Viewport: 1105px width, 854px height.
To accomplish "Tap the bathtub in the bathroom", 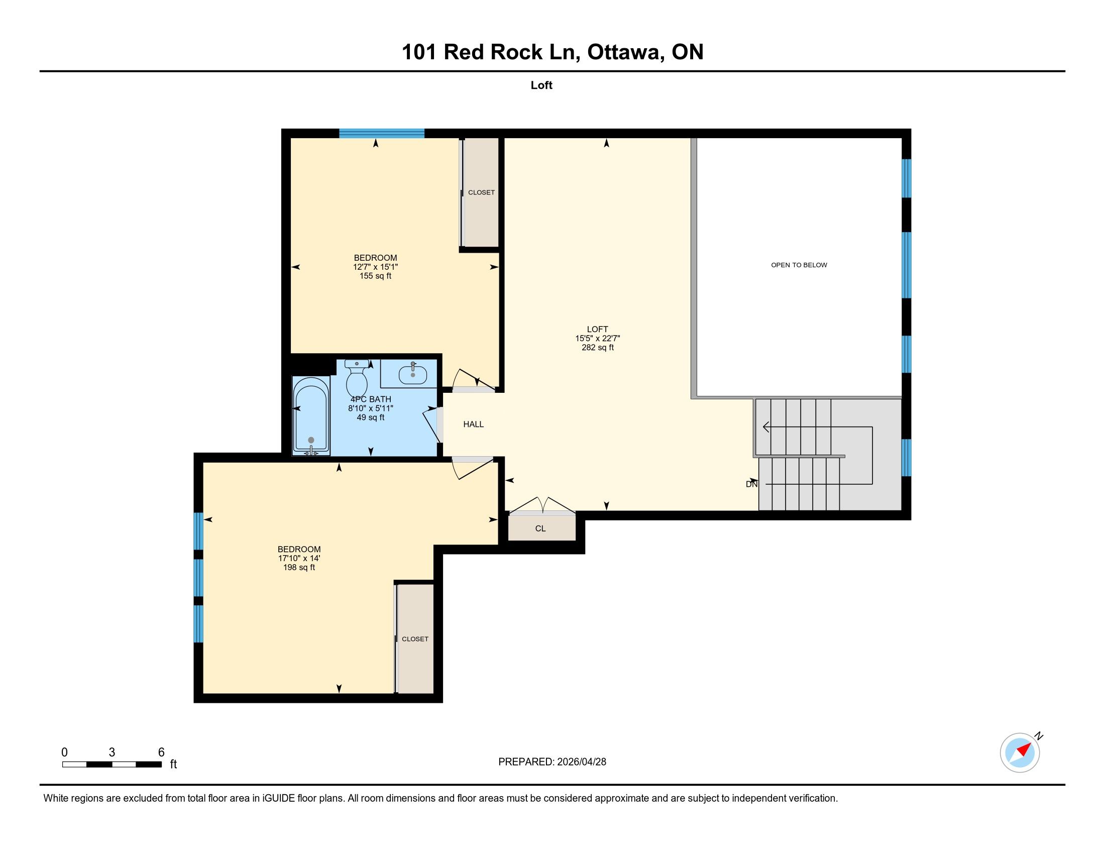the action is [x=311, y=416].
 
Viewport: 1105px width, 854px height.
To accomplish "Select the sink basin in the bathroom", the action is [x=413, y=375].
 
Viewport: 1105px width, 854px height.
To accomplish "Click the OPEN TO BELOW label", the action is [x=799, y=265].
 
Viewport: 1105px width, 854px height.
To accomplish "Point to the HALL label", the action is [x=474, y=424].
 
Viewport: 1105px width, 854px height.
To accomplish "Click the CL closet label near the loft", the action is [x=540, y=528].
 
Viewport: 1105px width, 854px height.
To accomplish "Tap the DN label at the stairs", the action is [x=752, y=484].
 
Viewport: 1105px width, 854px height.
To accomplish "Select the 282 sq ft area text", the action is [x=598, y=348].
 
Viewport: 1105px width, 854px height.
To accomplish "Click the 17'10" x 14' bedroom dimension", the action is [x=299, y=559].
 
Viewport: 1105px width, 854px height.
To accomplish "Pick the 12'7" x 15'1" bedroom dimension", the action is [x=375, y=267].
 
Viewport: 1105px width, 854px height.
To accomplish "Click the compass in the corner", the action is [x=1020, y=753].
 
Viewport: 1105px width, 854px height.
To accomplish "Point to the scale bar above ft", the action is [x=112, y=765].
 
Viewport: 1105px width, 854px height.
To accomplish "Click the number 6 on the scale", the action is [x=161, y=753].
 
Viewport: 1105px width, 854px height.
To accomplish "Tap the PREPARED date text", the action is [x=552, y=762].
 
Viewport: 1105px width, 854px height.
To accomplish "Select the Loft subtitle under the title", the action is [x=541, y=85].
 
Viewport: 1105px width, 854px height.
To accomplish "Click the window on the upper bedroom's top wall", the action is [x=382, y=134].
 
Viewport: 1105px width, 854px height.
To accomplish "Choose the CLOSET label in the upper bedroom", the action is [x=481, y=193].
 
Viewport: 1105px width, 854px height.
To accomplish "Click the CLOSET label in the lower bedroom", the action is [x=415, y=639].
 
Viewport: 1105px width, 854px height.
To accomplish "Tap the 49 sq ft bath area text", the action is [x=371, y=417].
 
